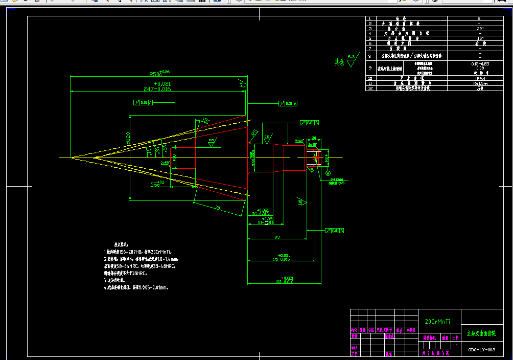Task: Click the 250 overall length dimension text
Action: pyautogui.click(x=155, y=74)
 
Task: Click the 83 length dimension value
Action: pyautogui.click(x=276, y=237)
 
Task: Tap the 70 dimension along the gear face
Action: pyautogui.click(x=217, y=208)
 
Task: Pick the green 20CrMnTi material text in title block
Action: pyautogui.click(x=437, y=321)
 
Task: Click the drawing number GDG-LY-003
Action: pyautogui.click(x=481, y=350)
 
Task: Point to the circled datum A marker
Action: pyautogui.click(x=329, y=173)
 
